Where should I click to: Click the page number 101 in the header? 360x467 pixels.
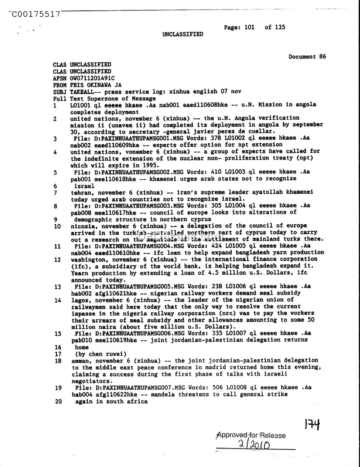[249, 27]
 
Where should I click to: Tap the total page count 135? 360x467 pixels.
[279, 27]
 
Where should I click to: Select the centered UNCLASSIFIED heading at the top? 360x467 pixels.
[183, 34]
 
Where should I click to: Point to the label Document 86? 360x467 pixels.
[307, 57]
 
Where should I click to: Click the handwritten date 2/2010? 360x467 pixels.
[253, 445]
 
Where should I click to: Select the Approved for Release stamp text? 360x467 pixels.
[251, 435]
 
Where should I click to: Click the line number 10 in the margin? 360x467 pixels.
[57, 226]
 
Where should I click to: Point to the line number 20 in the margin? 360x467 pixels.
[57, 401]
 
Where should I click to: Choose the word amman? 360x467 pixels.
[79, 361]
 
